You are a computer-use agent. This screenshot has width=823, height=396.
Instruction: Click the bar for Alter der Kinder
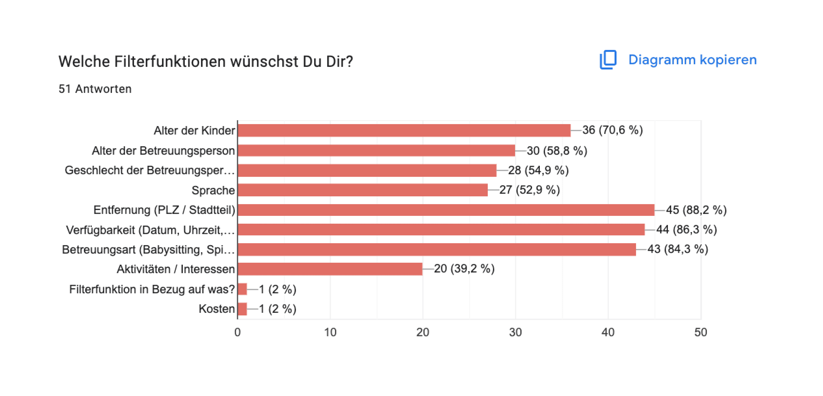coord(404,130)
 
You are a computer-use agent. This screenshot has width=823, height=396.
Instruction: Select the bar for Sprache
coord(363,190)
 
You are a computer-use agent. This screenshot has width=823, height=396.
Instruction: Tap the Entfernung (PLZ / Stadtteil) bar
coord(446,210)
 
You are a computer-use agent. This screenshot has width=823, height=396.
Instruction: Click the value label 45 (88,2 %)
coord(696,210)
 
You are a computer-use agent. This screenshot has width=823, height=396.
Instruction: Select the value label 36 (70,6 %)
coord(612,130)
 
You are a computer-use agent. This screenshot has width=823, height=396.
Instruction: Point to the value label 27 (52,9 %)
coord(529,190)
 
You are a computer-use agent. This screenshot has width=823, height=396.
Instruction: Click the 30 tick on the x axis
coord(515,332)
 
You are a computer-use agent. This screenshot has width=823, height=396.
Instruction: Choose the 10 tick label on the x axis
coord(330,332)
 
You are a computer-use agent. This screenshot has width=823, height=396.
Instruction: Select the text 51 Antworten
coord(95,89)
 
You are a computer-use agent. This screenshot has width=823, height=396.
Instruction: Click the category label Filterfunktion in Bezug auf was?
coord(152,289)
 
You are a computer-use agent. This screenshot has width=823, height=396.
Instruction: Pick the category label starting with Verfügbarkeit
coord(150,230)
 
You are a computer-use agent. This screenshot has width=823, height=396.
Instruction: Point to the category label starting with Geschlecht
coord(149,170)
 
